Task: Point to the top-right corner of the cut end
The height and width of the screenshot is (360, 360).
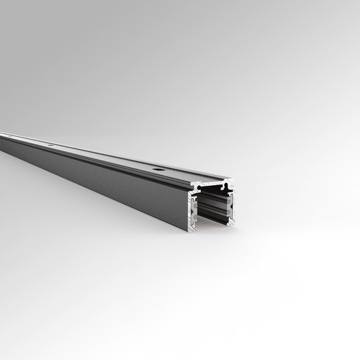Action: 233,179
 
